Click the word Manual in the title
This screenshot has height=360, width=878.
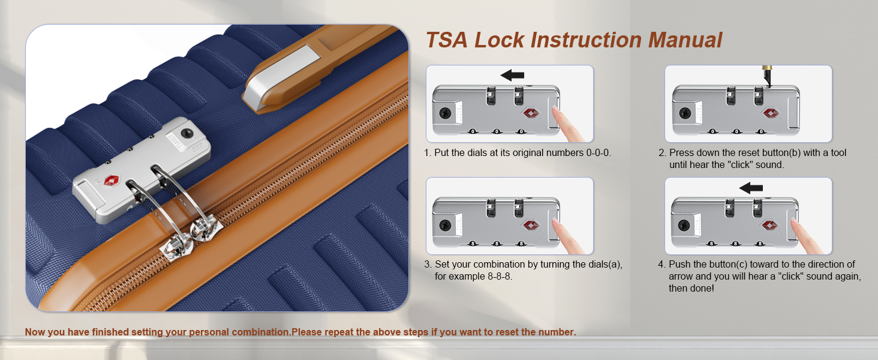pos(685,40)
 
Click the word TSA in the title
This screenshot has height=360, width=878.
pos(447,40)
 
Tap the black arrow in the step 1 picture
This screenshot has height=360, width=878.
pos(512,75)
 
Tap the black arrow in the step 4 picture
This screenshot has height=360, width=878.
pos(751,188)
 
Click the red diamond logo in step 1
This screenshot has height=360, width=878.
pos(531,113)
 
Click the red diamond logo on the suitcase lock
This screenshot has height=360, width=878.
pos(112,181)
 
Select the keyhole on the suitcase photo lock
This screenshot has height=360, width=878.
pos(187,133)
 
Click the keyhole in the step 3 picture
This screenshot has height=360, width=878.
pos(445,225)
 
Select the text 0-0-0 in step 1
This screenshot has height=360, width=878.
pos(599,152)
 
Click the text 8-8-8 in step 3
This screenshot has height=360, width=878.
pos(500,276)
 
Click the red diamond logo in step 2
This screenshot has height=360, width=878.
pos(771,113)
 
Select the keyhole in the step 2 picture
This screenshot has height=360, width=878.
pos(685,113)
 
